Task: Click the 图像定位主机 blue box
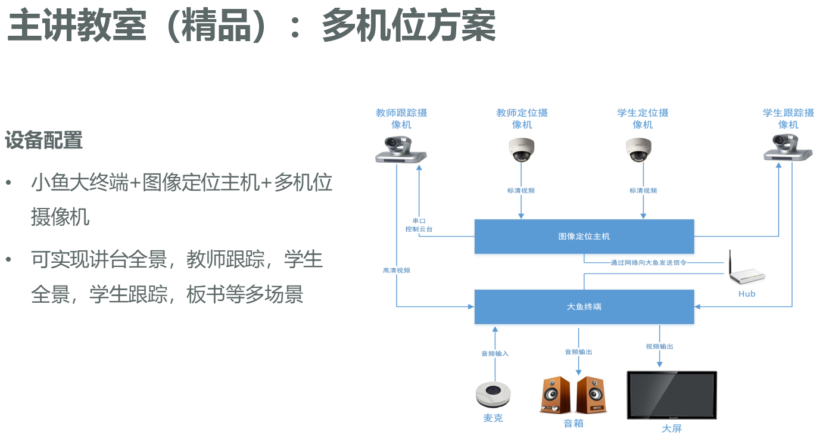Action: click(584, 236)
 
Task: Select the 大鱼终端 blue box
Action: click(584, 306)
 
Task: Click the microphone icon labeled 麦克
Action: click(493, 394)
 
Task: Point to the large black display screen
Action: click(672, 395)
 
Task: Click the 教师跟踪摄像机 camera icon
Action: click(401, 150)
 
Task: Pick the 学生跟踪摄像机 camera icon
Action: click(788, 148)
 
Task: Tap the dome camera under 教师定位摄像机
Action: click(522, 150)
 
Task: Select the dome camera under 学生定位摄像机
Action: click(638, 150)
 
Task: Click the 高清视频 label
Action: click(397, 271)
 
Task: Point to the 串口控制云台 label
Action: click(419, 225)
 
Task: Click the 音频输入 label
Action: click(495, 353)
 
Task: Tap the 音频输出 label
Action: click(578, 352)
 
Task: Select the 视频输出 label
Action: click(659, 346)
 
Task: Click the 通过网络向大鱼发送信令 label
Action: click(649, 262)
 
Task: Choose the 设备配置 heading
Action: click(43, 141)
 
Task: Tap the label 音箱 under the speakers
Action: click(574, 424)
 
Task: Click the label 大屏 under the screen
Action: click(671, 428)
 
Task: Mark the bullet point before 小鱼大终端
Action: click(8, 182)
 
